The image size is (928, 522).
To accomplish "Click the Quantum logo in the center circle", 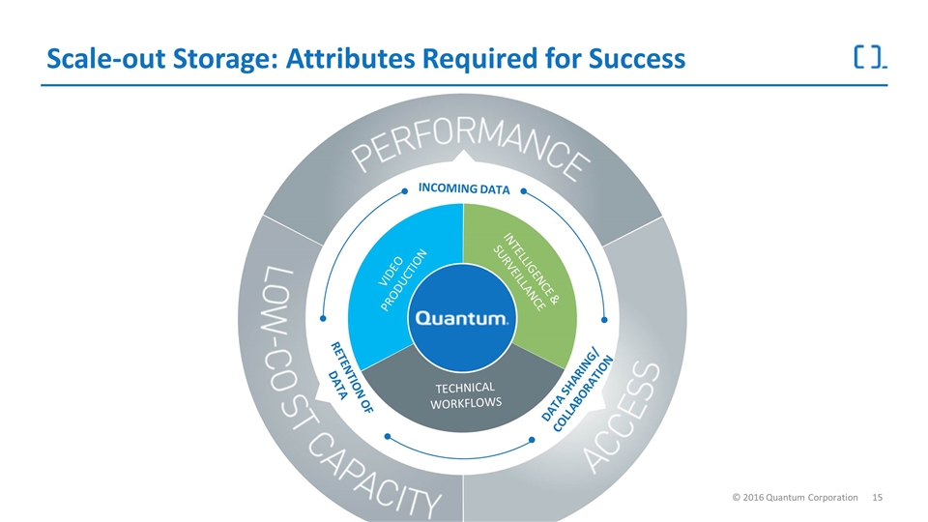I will click(x=458, y=318).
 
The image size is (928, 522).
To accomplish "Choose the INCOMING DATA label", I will click(x=464, y=189).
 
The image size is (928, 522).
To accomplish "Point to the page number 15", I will click(x=879, y=496).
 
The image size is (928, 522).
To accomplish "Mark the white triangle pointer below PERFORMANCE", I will click(x=464, y=159).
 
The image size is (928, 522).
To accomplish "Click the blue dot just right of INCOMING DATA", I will click(x=523, y=190).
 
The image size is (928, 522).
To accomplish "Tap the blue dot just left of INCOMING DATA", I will click(x=405, y=190).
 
